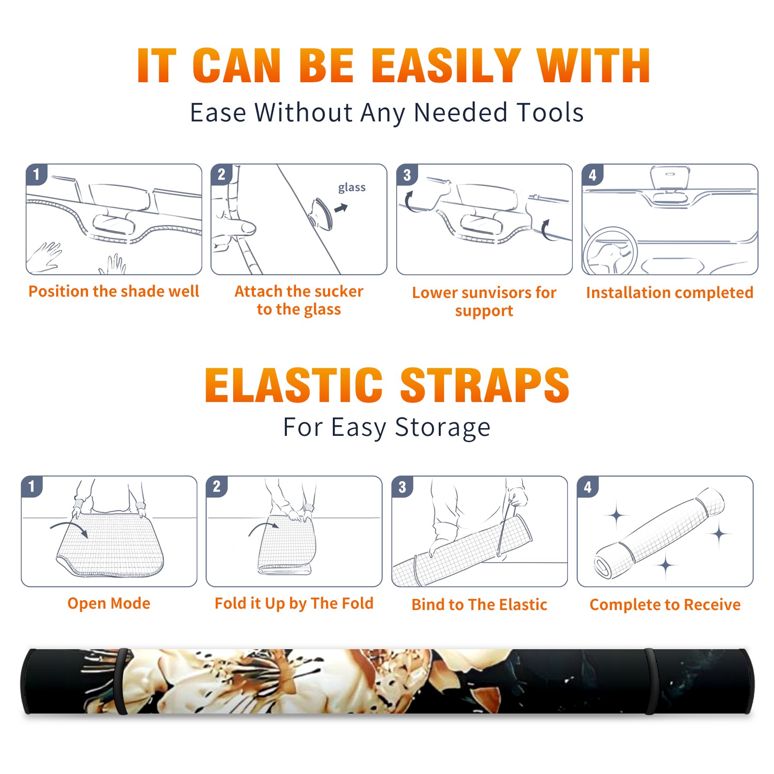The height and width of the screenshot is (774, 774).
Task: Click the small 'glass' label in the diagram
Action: [x=352, y=188]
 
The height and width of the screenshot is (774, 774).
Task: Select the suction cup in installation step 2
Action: [x=321, y=213]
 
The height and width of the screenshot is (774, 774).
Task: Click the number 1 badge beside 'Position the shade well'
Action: [x=37, y=174]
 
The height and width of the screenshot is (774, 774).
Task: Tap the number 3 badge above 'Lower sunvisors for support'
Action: [x=407, y=175]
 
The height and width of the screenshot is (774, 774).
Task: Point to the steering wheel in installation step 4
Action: [x=610, y=251]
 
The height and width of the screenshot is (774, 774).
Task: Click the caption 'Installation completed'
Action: [x=670, y=293]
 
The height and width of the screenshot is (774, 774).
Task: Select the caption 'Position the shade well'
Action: [x=114, y=291]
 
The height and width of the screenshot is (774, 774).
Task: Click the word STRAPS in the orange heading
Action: [x=485, y=385]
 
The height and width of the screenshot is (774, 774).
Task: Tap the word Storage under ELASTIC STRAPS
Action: [x=443, y=428]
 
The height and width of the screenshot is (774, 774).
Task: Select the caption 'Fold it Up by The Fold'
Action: [x=294, y=603]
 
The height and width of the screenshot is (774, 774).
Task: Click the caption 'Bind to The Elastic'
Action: [x=479, y=605]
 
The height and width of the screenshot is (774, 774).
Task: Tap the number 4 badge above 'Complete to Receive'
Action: [x=588, y=487]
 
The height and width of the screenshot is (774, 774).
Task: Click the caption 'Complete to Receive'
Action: [x=665, y=605]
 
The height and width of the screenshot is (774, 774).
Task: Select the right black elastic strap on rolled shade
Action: [x=651, y=681]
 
